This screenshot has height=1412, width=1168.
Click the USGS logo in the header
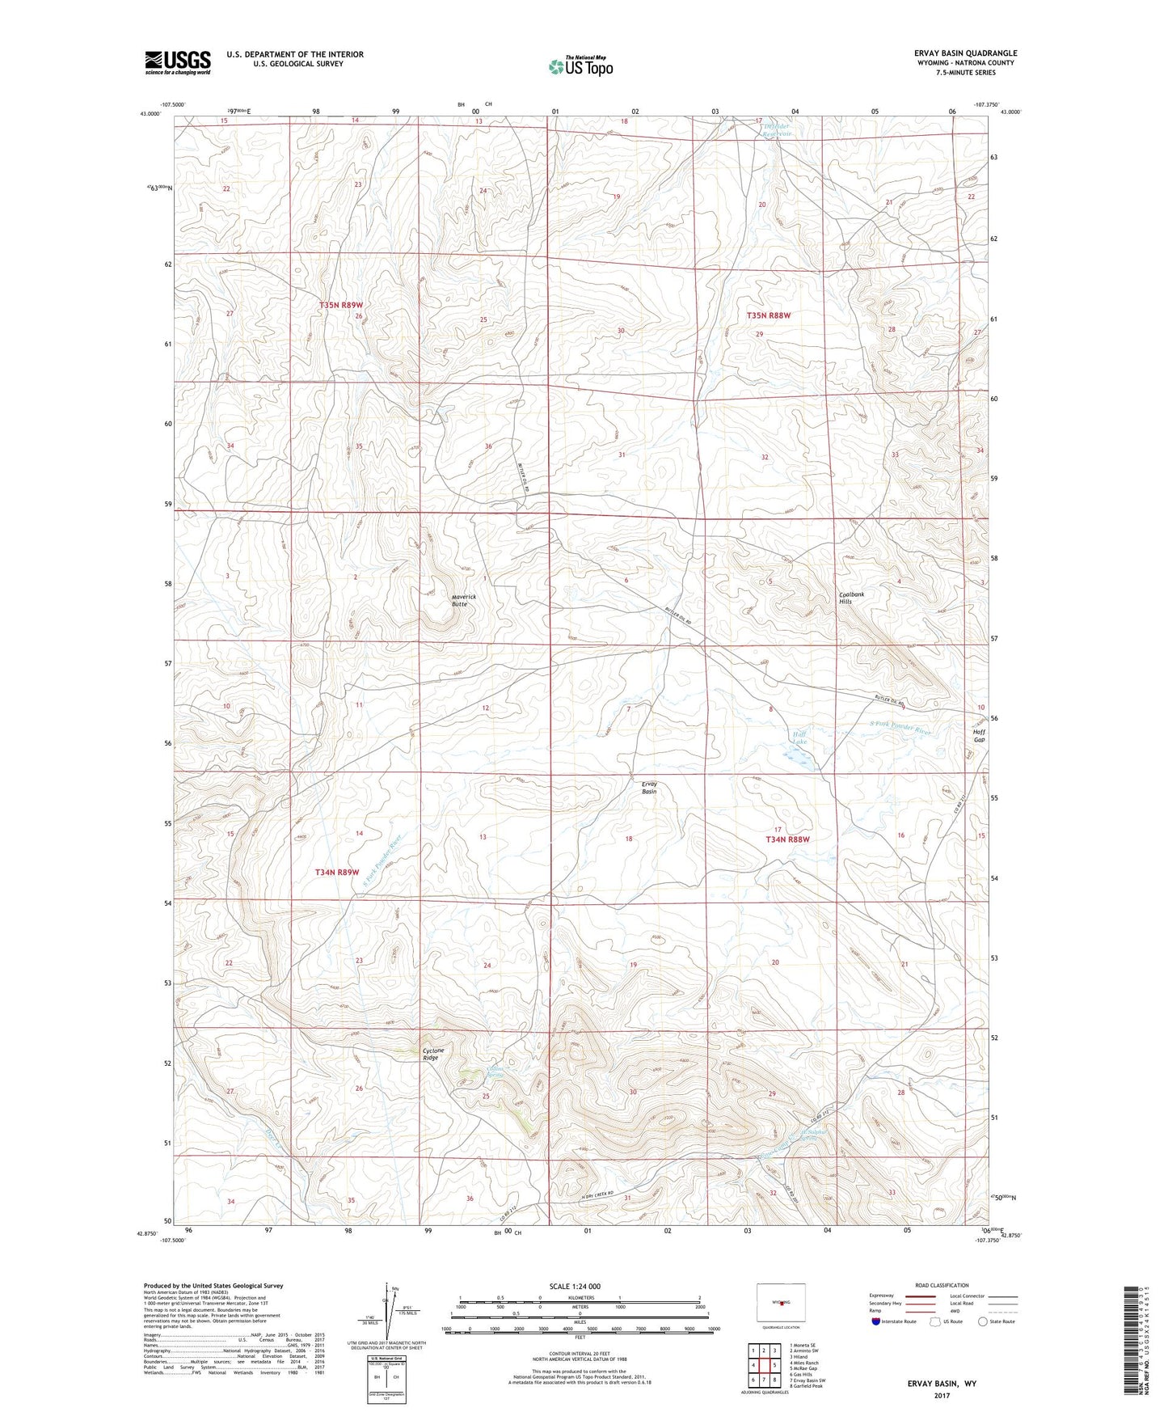177,62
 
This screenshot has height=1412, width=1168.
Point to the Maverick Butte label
463,600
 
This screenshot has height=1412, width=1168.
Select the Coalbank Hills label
850,598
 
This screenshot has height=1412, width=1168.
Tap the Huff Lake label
799,737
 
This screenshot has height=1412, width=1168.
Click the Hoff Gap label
979,734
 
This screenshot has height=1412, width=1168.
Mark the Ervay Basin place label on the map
649,787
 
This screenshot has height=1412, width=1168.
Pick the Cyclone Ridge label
433,1054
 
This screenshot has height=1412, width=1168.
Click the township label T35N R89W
340,305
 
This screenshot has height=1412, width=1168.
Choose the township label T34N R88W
787,839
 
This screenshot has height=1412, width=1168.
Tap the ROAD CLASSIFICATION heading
941,1285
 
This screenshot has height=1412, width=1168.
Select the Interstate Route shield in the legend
877,1321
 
